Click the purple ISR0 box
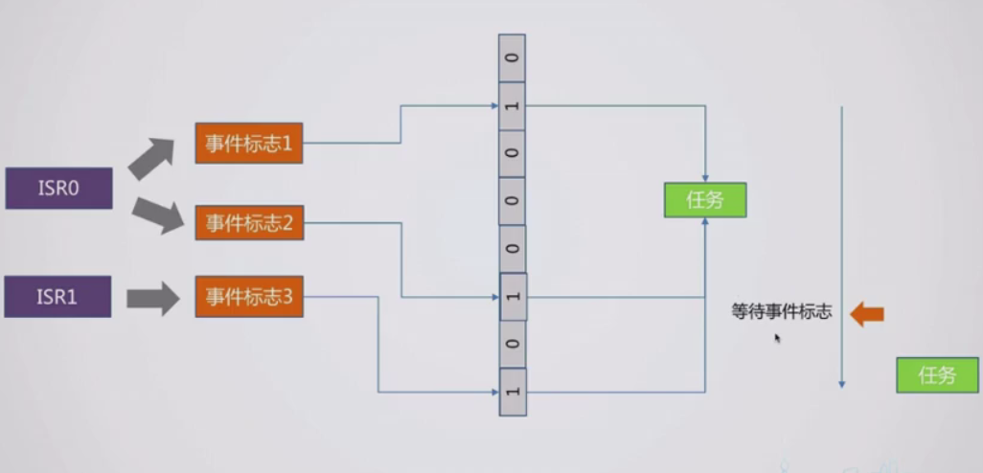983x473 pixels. pyautogui.click(x=59, y=189)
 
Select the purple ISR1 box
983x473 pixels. pyautogui.click(x=57, y=297)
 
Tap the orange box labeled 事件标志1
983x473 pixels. pyautogui.click(x=249, y=144)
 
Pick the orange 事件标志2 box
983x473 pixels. pyautogui.click(x=249, y=224)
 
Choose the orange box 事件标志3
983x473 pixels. pyautogui.click(x=249, y=297)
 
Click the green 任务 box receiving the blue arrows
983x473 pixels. pyautogui.click(x=704, y=200)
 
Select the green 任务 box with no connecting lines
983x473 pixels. pyautogui.click(x=938, y=375)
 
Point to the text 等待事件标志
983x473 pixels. pyautogui.click(x=782, y=312)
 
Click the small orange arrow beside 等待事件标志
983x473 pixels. pyautogui.click(x=867, y=313)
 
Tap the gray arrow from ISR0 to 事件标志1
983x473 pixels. pyautogui.click(x=150, y=157)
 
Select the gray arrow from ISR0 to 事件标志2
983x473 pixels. pyautogui.click(x=156, y=215)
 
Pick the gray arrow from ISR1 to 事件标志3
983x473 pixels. pyautogui.click(x=153, y=298)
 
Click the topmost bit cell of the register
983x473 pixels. pyautogui.click(x=513, y=58)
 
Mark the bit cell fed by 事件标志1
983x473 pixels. pyautogui.click(x=513, y=105)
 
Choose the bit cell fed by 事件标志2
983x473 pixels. pyautogui.click(x=513, y=297)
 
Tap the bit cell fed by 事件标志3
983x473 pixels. pyautogui.click(x=513, y=392)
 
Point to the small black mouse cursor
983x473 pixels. pyautogui.click(x=777, y=337)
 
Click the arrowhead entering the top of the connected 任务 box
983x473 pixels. pyautogui.click(x=705, y=178)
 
